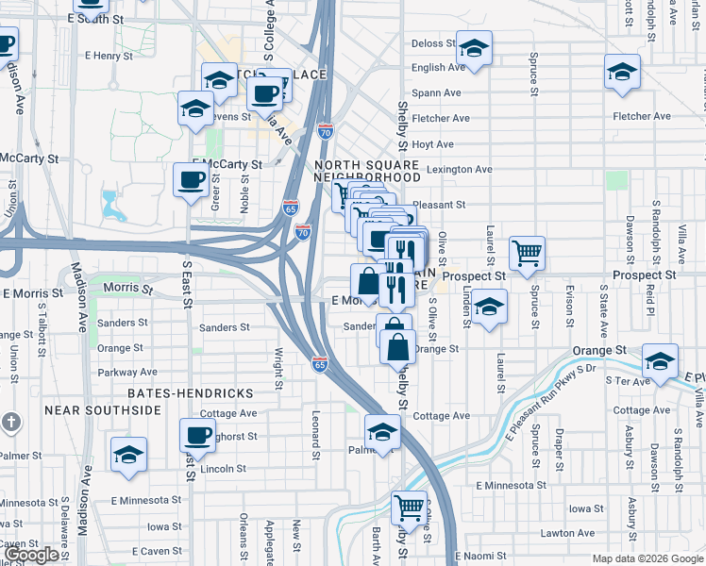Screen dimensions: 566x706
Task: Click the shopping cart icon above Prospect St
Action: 527,252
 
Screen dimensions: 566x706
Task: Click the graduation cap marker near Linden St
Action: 488,307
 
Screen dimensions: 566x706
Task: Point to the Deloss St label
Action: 433,43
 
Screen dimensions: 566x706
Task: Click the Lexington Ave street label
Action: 460,170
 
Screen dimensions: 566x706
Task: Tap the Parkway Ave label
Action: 127,373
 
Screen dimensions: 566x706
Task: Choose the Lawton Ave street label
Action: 567,533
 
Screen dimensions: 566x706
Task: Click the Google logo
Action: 33,555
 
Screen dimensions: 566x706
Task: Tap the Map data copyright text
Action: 647,558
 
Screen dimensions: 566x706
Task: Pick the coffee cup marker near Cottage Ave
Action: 197,436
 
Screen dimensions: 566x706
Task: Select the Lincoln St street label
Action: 223,468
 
